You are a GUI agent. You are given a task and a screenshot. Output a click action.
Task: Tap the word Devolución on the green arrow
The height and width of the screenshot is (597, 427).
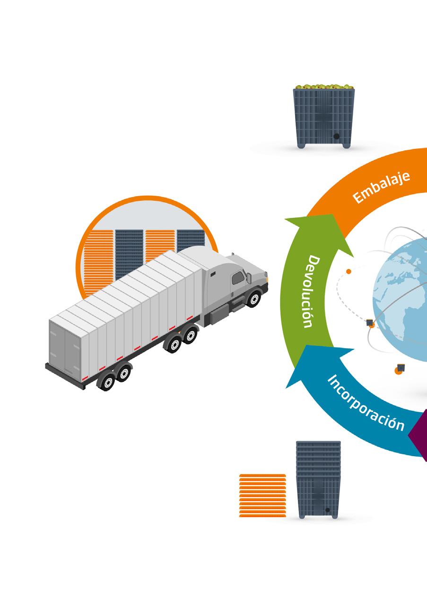click(x=313, y=292)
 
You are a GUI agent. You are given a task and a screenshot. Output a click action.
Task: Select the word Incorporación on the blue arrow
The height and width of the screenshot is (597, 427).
click(x=366, y=401)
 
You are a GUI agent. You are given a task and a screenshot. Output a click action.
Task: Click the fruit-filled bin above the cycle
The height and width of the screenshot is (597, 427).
click(x=324, y=118)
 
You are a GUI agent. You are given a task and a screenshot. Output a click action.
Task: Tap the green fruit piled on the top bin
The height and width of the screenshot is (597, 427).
click(x=324, y=87)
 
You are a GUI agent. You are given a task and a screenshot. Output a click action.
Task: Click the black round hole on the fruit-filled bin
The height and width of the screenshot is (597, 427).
click(x=337, y=136)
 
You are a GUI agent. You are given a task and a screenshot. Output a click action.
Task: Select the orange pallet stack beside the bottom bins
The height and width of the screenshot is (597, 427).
click(x=263, y=495)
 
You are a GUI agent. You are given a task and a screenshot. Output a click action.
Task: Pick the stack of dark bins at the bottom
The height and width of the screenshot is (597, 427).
click(x=318, y=480)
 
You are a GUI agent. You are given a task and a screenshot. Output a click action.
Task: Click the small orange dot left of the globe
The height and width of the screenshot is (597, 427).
click(x=349, y=271)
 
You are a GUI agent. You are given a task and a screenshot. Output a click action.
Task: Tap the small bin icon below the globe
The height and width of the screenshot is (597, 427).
click(x=401, y=367)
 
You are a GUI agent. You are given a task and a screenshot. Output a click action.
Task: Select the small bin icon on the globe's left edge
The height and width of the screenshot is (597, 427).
click(x=370, y=322)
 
